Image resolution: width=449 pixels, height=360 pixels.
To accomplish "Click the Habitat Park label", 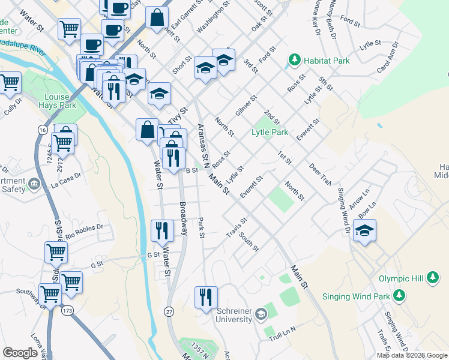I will coord(316,59).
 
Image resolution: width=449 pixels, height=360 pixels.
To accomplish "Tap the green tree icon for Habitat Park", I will coord(294,59).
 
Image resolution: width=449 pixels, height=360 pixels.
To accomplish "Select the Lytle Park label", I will coord(270,132).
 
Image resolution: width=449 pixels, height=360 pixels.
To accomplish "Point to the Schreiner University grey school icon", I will coord(261,314).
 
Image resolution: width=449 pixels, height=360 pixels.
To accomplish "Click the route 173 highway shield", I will coord(67,310).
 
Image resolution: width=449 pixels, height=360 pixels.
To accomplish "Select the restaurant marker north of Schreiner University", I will coord(206,297).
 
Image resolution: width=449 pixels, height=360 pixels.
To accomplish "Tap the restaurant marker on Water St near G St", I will coord(161,230).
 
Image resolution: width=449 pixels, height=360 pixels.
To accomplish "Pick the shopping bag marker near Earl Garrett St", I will coord(157,18).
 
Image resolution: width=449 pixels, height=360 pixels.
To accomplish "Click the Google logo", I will coord(20,353).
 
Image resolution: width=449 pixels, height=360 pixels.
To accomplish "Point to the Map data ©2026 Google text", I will coord(412,355).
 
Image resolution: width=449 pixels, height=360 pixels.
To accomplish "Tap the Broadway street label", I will coord(182,218).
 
